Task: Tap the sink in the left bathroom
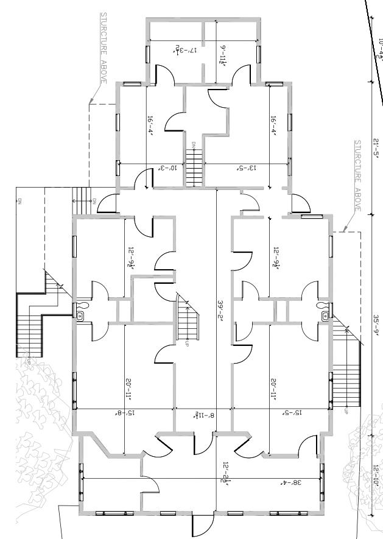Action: click(80, 315)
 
